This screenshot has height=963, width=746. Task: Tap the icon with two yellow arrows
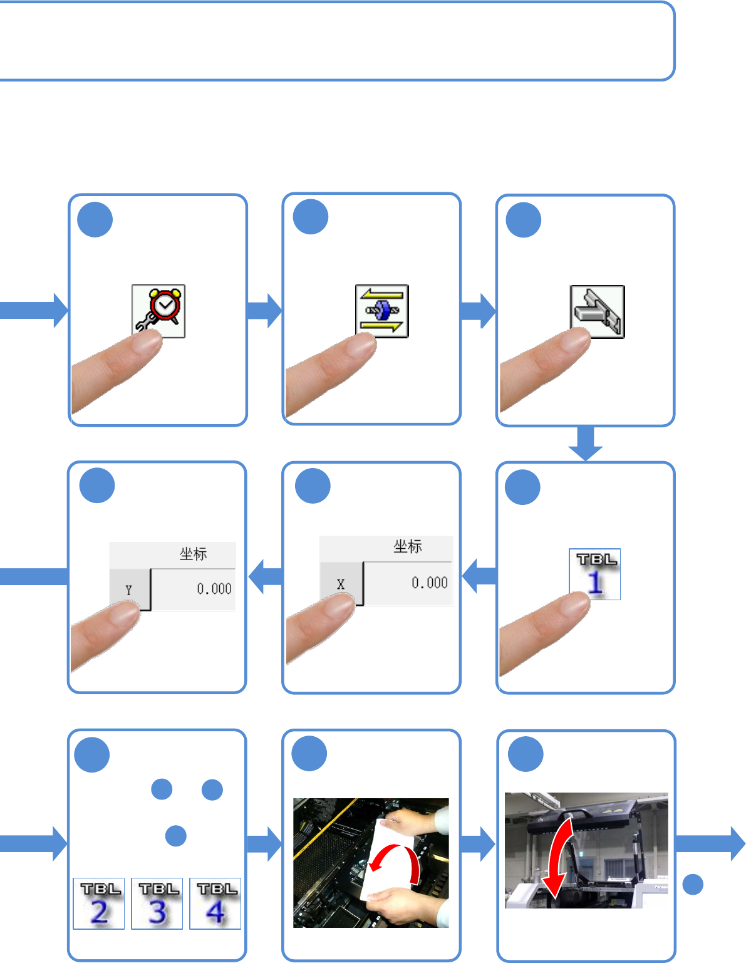(381, 311)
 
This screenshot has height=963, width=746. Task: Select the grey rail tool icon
(597, 311)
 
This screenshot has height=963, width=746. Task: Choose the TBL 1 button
(594, 574)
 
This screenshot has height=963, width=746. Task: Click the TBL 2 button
(99, 903)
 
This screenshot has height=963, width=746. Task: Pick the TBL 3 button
(157, 903)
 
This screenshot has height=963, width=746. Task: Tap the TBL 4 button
(215, 903)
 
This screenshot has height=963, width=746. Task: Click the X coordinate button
(341, 584)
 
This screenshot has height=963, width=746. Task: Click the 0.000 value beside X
(430, 583)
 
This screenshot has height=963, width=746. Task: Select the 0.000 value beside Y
(214, 589)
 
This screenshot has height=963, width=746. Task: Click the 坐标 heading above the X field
(408, 547)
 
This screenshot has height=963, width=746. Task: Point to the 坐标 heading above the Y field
(193, 554)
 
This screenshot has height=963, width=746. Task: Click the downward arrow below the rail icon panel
(586, 444)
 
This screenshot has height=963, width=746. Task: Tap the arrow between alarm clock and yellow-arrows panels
(264, 311)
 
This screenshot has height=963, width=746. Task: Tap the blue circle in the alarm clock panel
(95, 219)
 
